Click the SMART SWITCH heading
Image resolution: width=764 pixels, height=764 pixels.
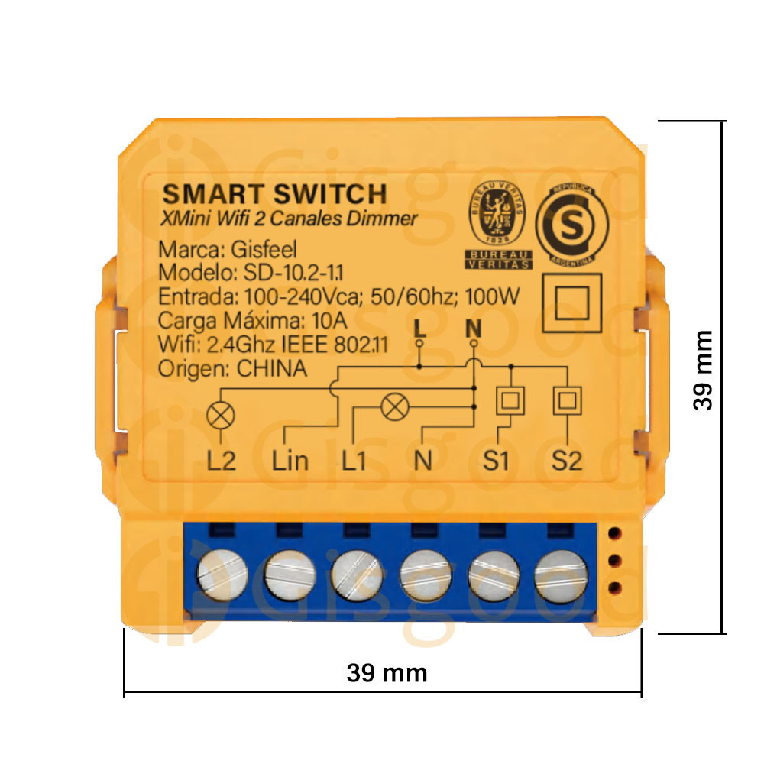click(274, 194)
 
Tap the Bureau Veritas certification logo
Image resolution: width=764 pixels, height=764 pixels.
click(498, 225)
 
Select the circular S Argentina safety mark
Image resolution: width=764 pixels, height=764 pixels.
click(572, 225)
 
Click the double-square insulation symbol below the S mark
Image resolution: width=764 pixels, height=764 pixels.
click(572, 303)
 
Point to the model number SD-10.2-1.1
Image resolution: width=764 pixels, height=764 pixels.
click(293, 273)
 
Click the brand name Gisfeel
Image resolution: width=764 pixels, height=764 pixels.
click(264, 250)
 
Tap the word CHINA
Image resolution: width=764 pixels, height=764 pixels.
click(273, 368)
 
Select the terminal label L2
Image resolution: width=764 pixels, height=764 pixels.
click(222, 461)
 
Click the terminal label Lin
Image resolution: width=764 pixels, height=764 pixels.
click(290, 461)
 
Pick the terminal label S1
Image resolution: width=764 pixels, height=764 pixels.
click(496, 461)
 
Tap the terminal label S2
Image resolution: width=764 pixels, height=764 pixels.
click(567, 461)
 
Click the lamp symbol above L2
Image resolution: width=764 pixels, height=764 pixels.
click(221, 416)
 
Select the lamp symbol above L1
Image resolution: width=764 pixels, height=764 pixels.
click(395, 406)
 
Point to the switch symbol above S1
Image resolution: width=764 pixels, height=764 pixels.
click(510, 401)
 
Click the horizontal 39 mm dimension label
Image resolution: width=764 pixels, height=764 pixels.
click(387, 673)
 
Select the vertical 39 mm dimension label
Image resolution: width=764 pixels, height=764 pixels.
click(703, 371)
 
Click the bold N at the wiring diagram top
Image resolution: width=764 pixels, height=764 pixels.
click(474, 329)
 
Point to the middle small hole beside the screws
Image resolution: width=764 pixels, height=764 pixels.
click(615, 561)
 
